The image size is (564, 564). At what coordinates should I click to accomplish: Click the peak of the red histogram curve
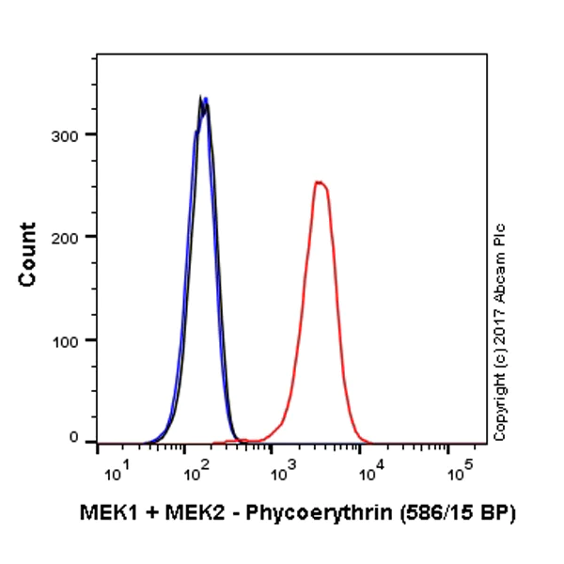tap(320, 182)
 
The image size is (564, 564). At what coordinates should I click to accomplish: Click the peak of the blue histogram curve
tap(205, 99)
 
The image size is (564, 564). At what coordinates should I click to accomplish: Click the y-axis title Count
tap(28, 255)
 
